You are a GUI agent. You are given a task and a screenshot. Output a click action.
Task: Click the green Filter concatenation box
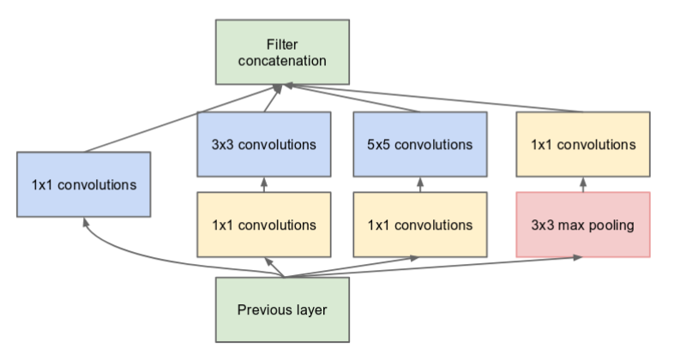point(283,51)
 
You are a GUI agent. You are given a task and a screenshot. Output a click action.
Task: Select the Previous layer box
point(282,309)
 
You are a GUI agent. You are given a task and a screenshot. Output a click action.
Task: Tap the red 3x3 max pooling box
point(583,225)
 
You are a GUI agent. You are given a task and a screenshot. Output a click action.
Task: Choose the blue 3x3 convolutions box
point(264,143)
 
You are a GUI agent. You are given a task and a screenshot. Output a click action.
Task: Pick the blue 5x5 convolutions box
point(420,143)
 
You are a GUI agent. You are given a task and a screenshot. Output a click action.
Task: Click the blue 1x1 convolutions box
point(83,183)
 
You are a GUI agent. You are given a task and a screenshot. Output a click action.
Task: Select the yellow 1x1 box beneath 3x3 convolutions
point(264,225)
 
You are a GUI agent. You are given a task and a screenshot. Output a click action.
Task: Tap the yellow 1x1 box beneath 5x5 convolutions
point(420,225)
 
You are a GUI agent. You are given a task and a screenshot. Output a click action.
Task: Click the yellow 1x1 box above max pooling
point(583,143)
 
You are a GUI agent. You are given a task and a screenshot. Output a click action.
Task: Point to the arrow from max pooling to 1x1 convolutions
point(583,184)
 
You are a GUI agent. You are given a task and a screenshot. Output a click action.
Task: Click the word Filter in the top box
point(283,42)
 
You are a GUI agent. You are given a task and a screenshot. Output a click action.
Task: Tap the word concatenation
point(283,61)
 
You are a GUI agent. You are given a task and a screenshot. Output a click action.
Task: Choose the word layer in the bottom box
point(310,309)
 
